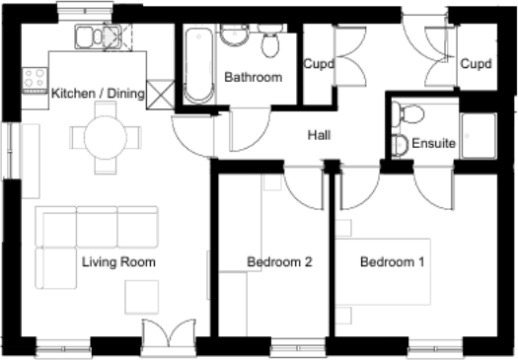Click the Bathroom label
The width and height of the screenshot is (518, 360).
(253, 77)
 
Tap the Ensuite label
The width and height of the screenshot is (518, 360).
(434, 143)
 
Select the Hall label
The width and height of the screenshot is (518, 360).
(319, 135)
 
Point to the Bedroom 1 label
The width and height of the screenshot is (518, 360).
(392, 262)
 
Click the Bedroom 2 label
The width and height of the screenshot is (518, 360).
(279, 262)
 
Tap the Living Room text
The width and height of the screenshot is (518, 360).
(118, 262)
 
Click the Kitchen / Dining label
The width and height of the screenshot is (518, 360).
(98, 94)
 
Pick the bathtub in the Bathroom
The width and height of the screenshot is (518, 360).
(198, 65)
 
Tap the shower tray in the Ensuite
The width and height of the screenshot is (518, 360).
(479, 136)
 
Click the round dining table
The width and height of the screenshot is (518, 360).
(106, 137)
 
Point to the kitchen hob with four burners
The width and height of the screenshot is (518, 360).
(35, 80)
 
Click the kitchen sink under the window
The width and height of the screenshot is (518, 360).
(98, 36)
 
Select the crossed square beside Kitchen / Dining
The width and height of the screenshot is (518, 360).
(160, 95)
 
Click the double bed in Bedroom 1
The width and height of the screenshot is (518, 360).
(383, 271)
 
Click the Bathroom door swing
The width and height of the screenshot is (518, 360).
(250, 129)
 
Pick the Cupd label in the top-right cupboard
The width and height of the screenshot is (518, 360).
(476, 63)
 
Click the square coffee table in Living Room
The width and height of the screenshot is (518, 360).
(142, 297)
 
